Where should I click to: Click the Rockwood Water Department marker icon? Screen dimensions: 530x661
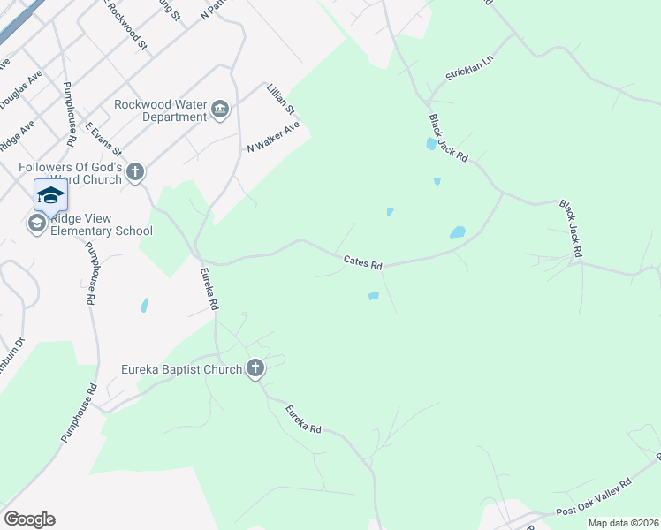(220, 110)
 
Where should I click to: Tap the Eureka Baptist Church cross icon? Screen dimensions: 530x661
(255, 368)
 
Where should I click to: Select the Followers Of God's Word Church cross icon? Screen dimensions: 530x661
(134, 171)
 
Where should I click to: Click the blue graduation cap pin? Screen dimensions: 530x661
(50, 194)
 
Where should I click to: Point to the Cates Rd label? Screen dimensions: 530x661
(362, 262)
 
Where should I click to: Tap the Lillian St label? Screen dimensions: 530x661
(282, 101)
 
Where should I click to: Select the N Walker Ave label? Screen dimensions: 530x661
(273, 137)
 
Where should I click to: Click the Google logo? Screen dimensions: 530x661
(29, 519)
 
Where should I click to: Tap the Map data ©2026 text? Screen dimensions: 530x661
(622, 523)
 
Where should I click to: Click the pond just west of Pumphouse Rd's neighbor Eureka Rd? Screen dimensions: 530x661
(143, 306)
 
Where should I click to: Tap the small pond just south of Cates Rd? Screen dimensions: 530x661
(373, 296)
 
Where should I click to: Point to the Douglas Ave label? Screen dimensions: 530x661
(19, 91)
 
